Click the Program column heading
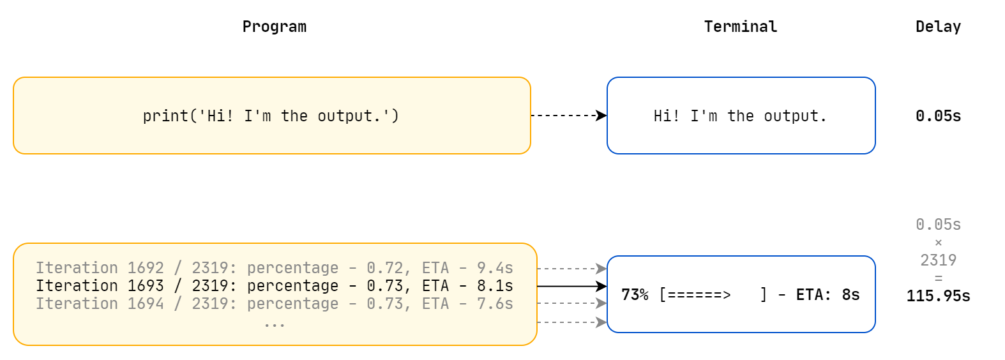coord(274,27)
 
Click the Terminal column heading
coord(740,27)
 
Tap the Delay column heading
coord(937,27)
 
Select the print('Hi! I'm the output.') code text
coord(271,116)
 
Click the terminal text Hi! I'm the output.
coord(740,116)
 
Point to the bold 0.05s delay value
coord(937,116)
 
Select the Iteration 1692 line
coord(274,268)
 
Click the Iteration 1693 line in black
coord(274,286)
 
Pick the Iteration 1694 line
coord(274,304)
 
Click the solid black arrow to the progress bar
coord(571,287)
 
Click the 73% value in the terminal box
coord(635,295)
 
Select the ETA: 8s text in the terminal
coord(827,295)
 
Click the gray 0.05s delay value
coord(937,225)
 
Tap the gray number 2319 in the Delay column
coord(937,260)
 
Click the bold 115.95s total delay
coord(937,296)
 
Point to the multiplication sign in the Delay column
coord(938,243)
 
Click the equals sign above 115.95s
coord(938,278)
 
